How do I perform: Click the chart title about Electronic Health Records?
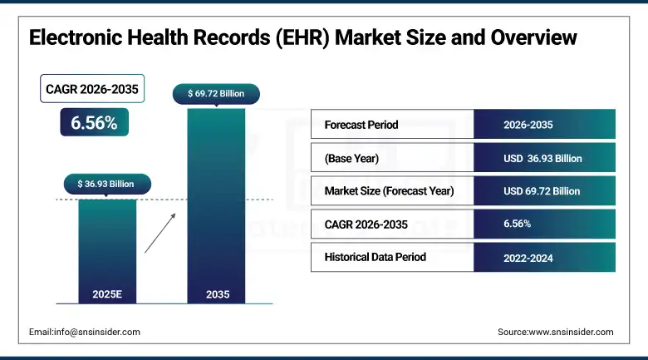click(302, 38)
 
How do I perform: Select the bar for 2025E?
click(107, 249)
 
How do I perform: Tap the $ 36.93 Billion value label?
click(107, 183)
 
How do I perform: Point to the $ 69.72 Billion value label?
click(216, 93)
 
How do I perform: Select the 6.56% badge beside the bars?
click(93, 123)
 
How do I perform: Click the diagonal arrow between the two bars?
click(160, 232)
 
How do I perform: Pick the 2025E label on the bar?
click(107, 294)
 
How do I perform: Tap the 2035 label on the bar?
click(216, 294)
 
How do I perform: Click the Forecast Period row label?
click(361, 125)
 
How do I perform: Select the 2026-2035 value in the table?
click(528, 125)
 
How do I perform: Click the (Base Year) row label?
click(351, 158)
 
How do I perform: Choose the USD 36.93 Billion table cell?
click(542, 158)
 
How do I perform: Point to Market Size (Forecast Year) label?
click(389, 190)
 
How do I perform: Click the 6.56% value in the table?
click(517, 224)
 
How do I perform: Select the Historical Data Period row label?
click(375, 257)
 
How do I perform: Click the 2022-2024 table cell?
click(528, 258)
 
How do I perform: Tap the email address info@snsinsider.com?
click(85, 332)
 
